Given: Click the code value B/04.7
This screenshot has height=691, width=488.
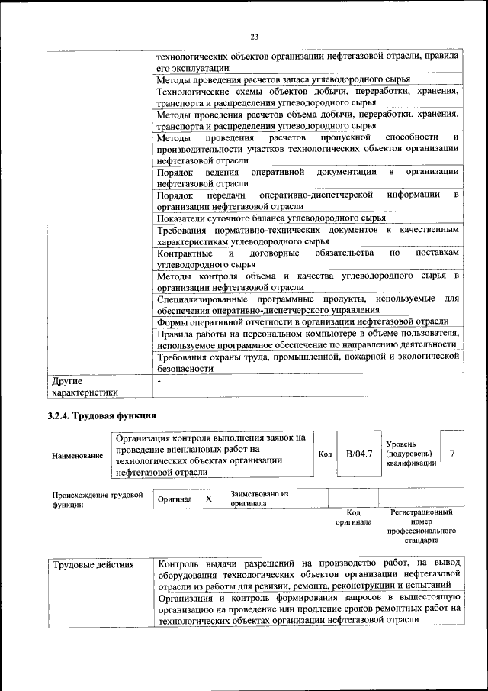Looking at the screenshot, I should (358, 454).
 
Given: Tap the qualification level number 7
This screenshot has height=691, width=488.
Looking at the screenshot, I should (452, 454).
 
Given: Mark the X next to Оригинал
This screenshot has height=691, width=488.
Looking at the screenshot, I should (208, 499).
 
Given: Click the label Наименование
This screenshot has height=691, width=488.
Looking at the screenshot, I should (78, 456).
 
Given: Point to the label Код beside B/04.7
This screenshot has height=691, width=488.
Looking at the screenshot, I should (325, 454).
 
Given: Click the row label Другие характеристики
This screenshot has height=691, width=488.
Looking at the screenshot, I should (85, 386).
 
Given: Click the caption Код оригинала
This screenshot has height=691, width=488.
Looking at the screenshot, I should (353, 518).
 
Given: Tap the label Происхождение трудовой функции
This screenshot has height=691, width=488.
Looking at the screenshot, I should (98, 500).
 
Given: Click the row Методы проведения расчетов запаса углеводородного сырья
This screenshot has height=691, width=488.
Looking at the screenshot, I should (284, 79).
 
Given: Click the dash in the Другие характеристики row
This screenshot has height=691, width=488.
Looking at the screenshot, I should (159, 380).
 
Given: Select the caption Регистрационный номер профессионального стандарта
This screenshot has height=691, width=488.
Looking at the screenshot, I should (421, 526).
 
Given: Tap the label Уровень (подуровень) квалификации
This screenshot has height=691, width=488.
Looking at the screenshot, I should (412, 453).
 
